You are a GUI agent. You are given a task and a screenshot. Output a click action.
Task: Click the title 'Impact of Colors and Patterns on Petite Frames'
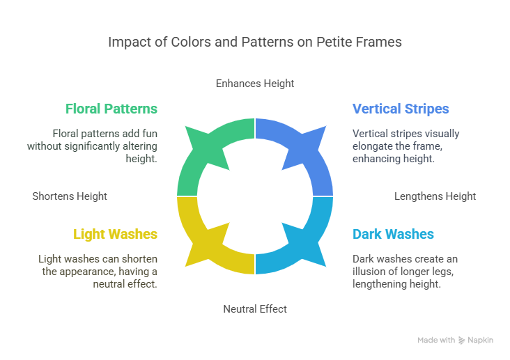pos(255,42)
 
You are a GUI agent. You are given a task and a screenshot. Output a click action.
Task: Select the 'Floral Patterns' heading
pos(111,109)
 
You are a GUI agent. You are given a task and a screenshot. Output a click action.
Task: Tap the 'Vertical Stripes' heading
pos(401,109)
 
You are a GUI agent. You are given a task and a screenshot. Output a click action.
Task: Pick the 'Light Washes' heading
pos(115,234)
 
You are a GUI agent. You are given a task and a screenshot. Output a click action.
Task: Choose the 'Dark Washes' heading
pos(393,234)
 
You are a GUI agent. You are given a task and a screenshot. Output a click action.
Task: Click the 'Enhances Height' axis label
pos(255,83)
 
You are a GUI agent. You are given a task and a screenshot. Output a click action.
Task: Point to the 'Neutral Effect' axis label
pos(255,308)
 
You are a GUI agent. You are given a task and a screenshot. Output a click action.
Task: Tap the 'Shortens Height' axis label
pos(70,196)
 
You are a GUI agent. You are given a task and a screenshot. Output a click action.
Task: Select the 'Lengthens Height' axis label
pos(435,196)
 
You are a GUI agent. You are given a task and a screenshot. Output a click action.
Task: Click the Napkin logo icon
pos(462,341)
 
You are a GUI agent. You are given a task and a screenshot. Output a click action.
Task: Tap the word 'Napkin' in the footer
pos(481,341)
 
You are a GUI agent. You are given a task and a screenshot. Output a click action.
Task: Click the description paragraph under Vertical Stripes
pos(405,146)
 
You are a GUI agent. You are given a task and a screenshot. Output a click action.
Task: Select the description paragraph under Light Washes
pos(98,271)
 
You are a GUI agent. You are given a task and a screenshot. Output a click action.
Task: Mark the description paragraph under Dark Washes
pos(405,271)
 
